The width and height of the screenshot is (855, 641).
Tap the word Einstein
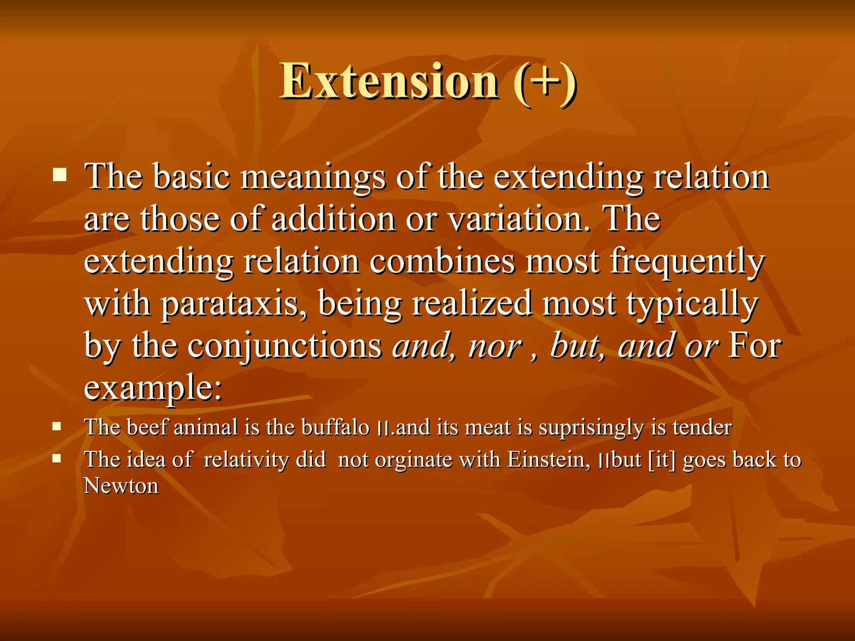549,460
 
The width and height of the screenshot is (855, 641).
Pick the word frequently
687,262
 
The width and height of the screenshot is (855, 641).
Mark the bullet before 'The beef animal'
57,426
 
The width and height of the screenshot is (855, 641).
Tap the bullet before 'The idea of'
57,459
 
